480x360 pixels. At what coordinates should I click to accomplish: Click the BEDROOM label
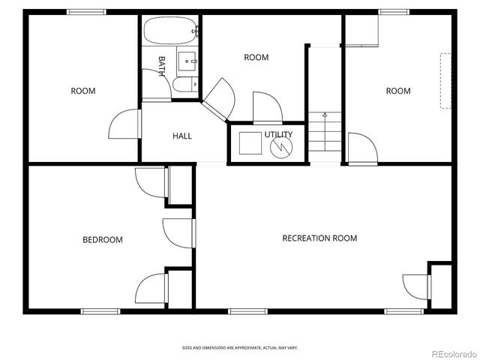(x=102, y=240)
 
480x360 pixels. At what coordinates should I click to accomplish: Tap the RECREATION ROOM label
(x=319, y=238)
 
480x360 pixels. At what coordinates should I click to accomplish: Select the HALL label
(x=182, y=136)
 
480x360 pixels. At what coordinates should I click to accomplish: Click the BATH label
(x=161, y=65)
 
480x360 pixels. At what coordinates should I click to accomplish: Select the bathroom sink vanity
(x=188, y=59)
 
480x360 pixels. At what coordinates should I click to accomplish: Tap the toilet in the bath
(x=184, y=84)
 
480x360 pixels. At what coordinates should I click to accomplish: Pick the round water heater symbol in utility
(x=281, y=145)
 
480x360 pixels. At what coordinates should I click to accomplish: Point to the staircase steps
(x=325, y=139)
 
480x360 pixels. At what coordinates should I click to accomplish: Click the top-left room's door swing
(x=124, y=125)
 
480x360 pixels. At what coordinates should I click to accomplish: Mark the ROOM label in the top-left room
(x=83, y=91)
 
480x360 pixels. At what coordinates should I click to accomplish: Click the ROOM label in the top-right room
(x=398, y=91)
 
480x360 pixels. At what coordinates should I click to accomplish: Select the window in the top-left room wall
(x=86, y=12)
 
